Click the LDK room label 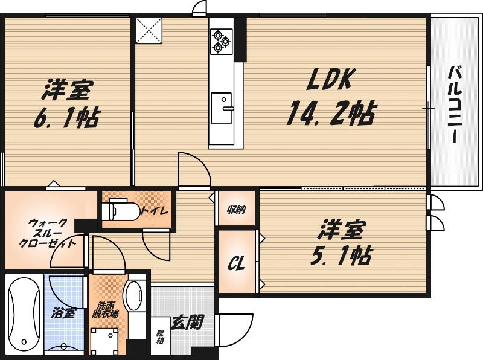[x=330, y=80]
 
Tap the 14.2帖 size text [x=331, y=113]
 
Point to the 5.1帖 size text [x=341, y=254]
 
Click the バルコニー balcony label [x=455, y=104]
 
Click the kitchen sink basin [x=221, y=108]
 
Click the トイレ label [x=155, y=211]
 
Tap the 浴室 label [x=63, y=313]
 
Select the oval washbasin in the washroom [x=134, y=296]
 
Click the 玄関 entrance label [x=188, y=323]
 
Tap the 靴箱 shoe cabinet [x=160, y=336]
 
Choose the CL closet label [x=236, y=264]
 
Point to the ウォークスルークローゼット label [x=48, y=233]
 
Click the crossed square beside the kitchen [x=149, y=31]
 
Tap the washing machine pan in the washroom [x=104, y=341]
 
